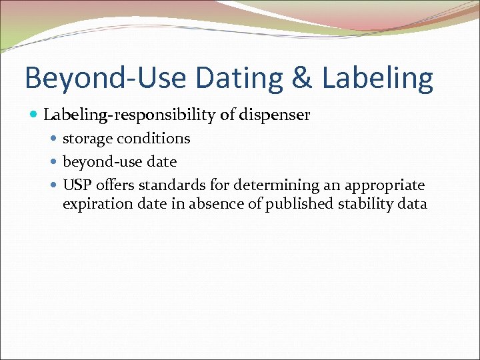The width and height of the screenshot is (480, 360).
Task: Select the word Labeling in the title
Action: coord(377,79)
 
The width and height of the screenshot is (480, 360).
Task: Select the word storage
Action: coord(87,139)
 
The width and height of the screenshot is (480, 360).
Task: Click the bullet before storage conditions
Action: coord(55,139)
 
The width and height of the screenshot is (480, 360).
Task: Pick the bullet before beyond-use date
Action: coord(55,162)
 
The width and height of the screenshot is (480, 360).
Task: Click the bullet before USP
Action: coord(55,185)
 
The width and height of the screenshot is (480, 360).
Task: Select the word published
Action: coord(297,204)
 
